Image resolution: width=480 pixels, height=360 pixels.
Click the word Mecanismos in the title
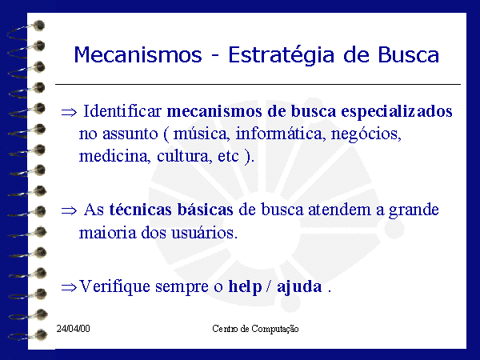[138, 55]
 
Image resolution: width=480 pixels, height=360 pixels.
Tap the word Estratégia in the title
[282, 56]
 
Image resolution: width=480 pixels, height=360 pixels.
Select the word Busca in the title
[408, 55]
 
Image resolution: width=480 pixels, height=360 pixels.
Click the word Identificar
[122, 111]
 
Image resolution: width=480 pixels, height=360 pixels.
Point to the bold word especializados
[397, 112]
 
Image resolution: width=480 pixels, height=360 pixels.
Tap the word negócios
[366, 134]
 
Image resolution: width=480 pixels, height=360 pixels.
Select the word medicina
[114, 157]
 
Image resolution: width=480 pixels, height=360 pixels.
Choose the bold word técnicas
[140, 210]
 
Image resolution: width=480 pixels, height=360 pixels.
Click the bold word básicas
[206, 210]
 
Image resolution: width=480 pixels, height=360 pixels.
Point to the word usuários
[205, 233]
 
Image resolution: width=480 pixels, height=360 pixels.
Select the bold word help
[246, 287]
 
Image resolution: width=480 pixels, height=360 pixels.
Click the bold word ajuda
[299, 287]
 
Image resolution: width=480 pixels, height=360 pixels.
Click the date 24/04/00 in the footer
[73, 329]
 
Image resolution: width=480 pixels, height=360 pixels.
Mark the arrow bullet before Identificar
[69, 112]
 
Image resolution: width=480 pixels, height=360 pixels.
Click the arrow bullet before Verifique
[69, 288]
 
